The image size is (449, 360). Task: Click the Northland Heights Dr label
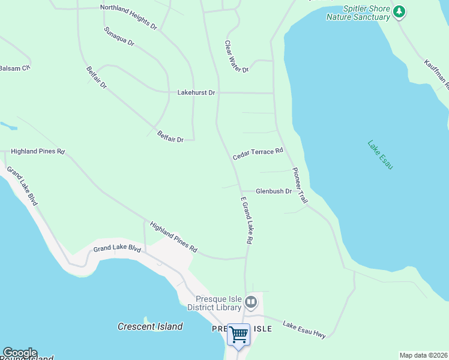128,17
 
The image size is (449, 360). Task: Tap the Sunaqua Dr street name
119,37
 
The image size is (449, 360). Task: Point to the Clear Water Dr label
237,56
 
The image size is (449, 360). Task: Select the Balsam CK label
14,68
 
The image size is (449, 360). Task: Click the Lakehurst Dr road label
196,93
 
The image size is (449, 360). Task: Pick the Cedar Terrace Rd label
258,154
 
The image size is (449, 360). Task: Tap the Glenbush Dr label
273,191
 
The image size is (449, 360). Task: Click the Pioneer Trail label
300,185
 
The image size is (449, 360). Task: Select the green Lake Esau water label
380,155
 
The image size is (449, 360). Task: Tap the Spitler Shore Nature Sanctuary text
358,13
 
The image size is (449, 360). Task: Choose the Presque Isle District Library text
218,304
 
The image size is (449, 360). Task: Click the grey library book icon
251,302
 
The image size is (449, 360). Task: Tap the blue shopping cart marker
239,334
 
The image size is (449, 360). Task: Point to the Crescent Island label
150,327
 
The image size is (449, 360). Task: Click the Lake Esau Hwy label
304,329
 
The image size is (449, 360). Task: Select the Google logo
20,353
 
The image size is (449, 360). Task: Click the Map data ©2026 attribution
423,355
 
